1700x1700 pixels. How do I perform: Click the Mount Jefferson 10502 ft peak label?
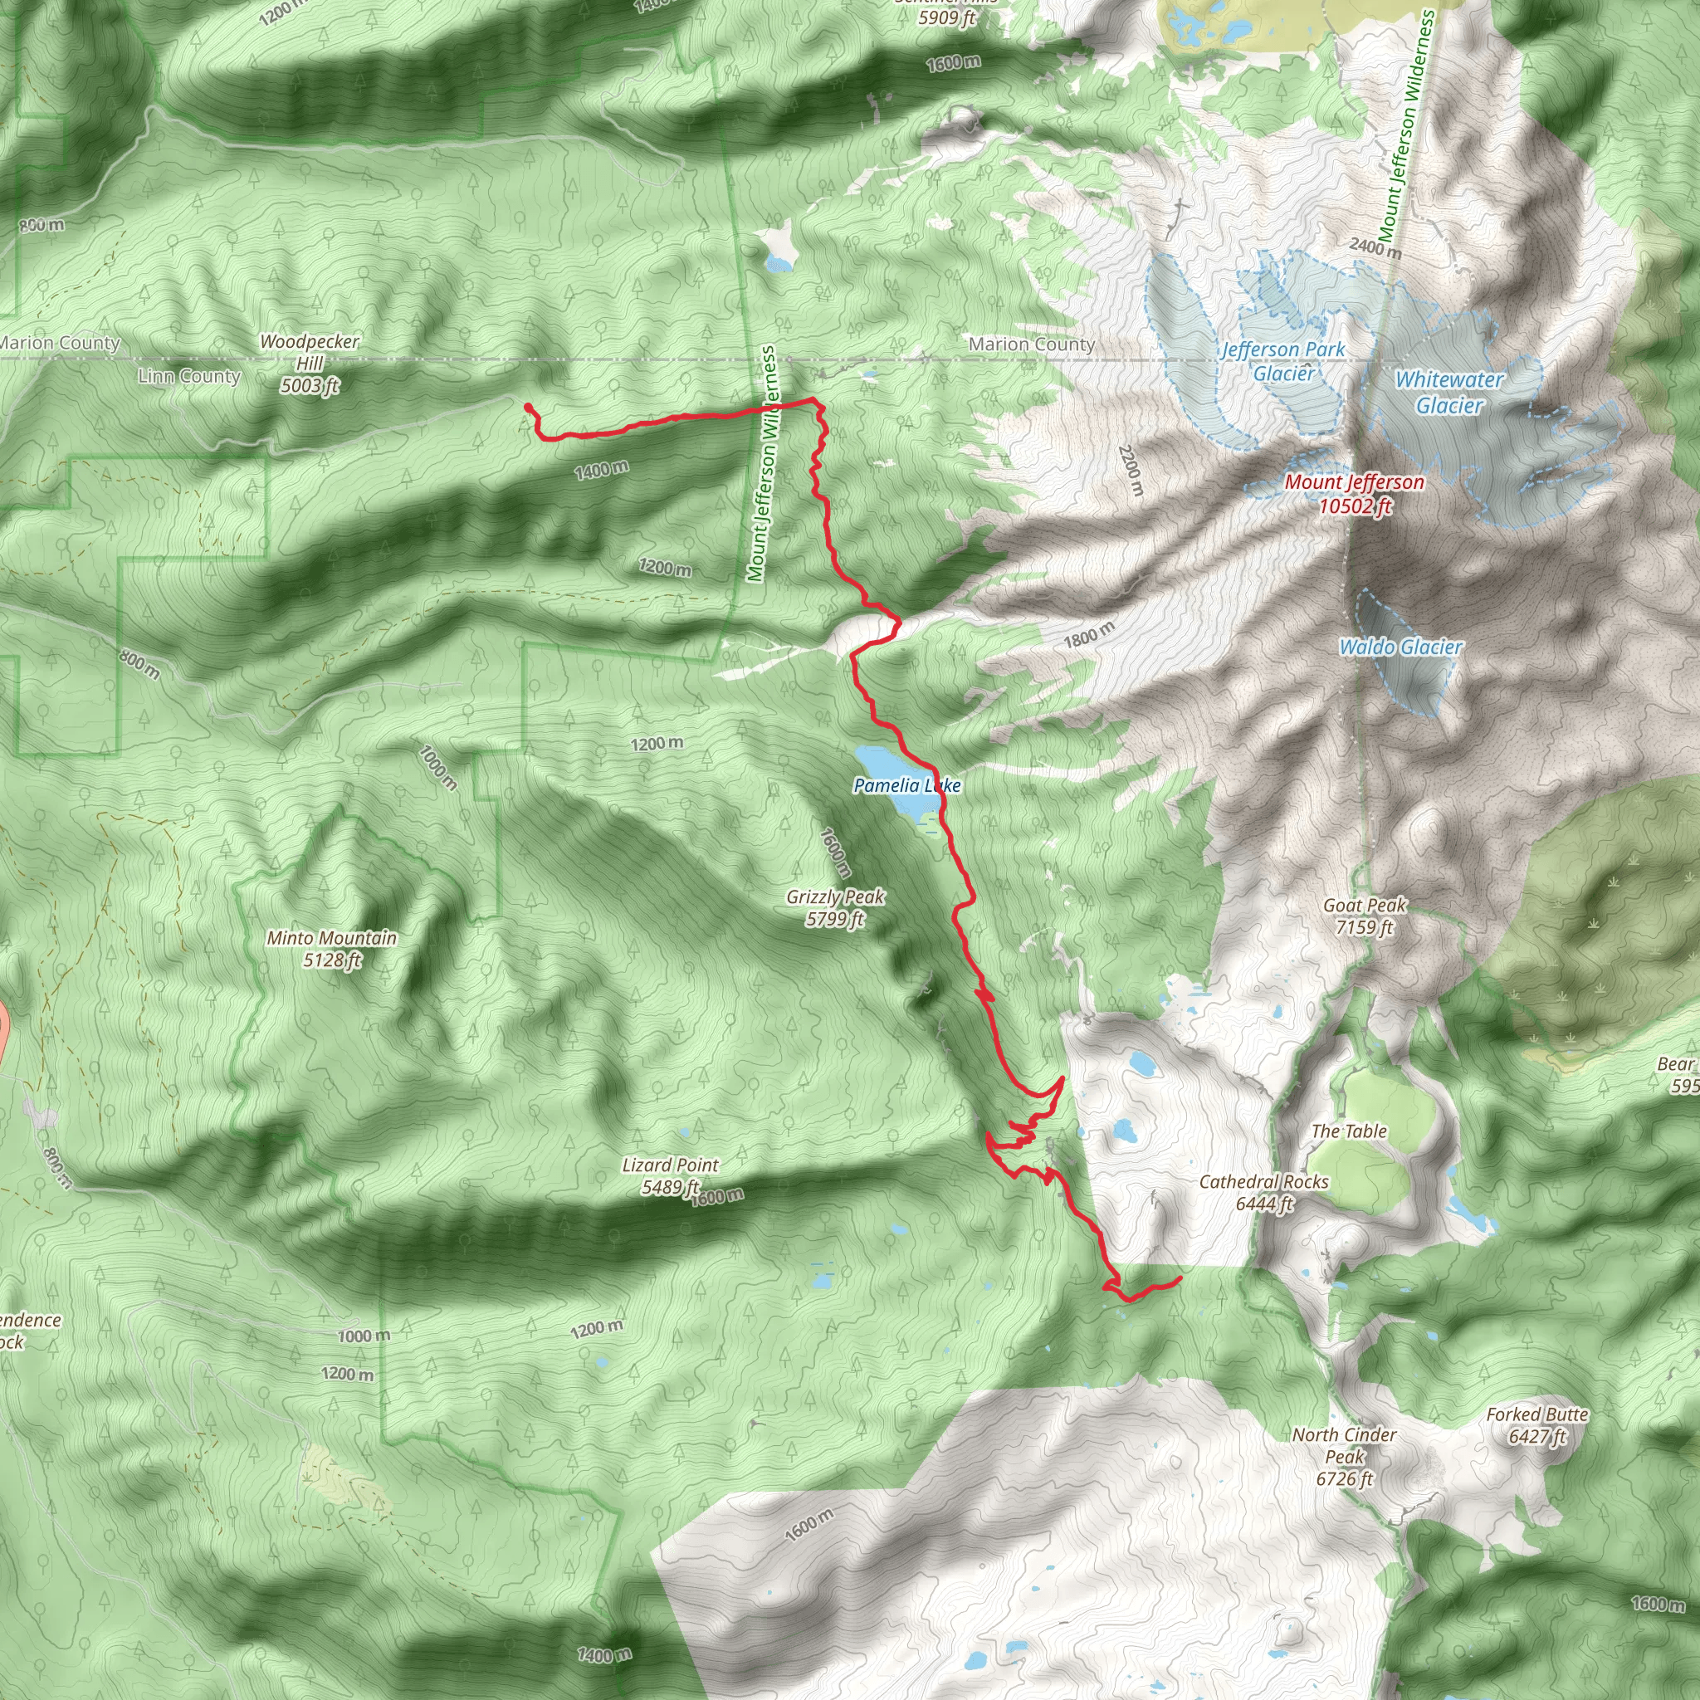click(x=1353, y=493)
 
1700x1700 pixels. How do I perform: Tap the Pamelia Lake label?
click(x=906, y=785)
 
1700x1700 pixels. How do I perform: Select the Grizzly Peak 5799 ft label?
click(x=835, y=907)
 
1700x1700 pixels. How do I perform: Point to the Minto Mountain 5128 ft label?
click(x=332, y=949)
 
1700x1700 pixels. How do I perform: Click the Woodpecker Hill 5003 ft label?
click(x=310, y=363)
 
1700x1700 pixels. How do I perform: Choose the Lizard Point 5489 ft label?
click(x=671, y=1175)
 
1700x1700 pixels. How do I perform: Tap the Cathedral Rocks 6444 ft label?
click(x=1263, y=1192)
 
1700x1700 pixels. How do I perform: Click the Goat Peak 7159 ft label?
click(x=1365, y=915)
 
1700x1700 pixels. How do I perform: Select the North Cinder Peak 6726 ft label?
click(x=1344, y=1456)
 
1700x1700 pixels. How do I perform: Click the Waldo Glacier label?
click(x=1401, y=647)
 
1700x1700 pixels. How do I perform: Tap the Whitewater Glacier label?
click(x=1449, y=393)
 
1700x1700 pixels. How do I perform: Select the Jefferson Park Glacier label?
click(x=1283, y=361)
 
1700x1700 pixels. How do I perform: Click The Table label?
click(x=1349, y=1131)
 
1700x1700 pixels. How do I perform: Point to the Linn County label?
click(x=189, y=377)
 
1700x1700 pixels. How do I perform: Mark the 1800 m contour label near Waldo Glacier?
click(x=1089, y=634)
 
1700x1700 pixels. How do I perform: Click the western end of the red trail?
click(x=527, y=407)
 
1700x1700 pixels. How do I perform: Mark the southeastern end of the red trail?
click(x=1179, y=1277)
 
